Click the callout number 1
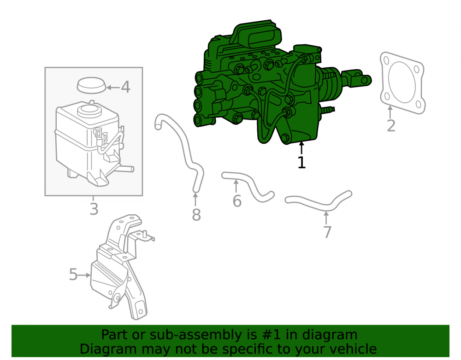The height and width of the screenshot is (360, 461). pos(301,163)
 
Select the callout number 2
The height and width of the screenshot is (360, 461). pos(391,125)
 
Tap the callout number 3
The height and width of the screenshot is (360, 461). pos(94,209)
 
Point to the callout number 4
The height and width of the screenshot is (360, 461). pos(125,87)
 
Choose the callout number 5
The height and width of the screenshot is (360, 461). pos(73,274)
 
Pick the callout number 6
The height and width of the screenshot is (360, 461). pos(237,201)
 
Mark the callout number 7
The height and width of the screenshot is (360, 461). pos(327,232)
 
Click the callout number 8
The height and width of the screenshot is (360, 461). pos(196,214)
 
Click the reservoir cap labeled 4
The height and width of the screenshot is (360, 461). pos(91,85)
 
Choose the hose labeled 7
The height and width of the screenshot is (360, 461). pos(319,203)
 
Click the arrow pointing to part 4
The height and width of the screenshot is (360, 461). pos(113,87)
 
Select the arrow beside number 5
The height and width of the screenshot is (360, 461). pos(85,275)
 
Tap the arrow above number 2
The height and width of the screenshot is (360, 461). pos(390,112)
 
